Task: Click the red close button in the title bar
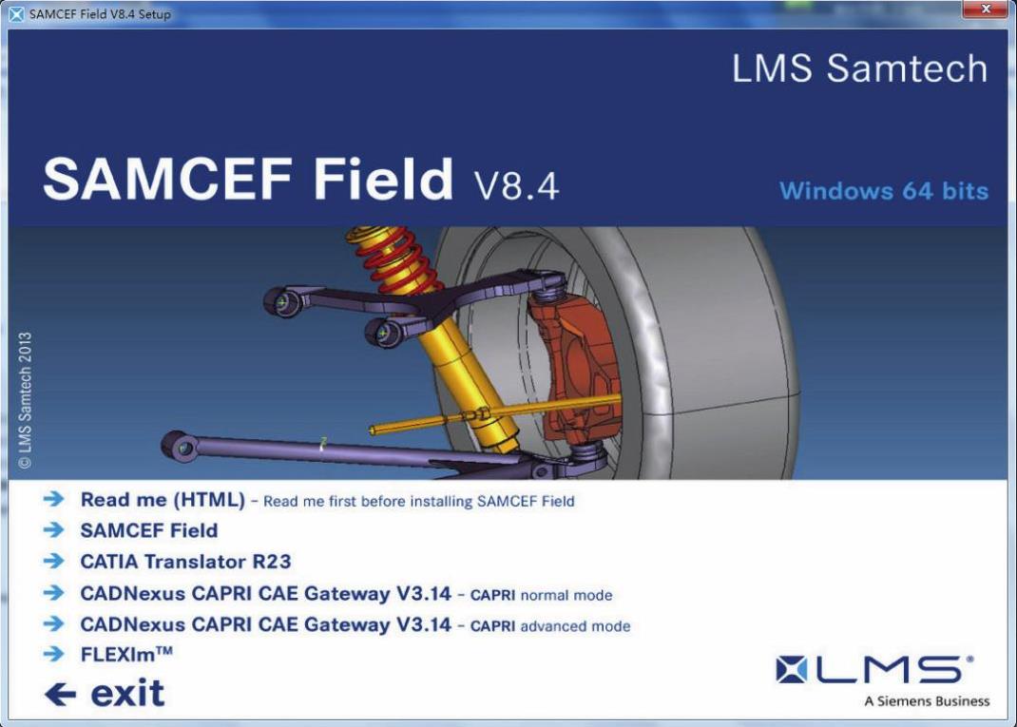pyautogui.click(x=986, y=10)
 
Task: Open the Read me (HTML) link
pyautogui.click(x=163, y=500)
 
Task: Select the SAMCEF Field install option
pyautogui.click(x=149, y=530)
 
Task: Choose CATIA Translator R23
pyautogui.click(x=185, y=562)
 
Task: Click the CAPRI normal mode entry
pyautogui.click(x=346, y=594)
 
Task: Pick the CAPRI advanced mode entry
pyautogui.click(x=355, y=624)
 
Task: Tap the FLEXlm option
pyautogui.click(x=126, y=654)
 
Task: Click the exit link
pyautogui.click(x=127, y=694)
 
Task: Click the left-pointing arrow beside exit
pyautogui.click(x=60, y=695)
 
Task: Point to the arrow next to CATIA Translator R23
pyautogui.click(x=54, y=561)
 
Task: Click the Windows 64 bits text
pyautogui.click(x=884, y=191)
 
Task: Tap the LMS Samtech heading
pyautogui.click(x=860, y=68)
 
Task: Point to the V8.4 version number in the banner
pyautogui.click(x=516, y=186)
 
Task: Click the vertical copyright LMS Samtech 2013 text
pyautogui.click(x=25, y=400)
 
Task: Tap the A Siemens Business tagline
pyautogui.click(x=927, y=701)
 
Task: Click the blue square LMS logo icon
pyautogui.click(x=792, y=669)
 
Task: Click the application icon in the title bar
pyautogui.click(x=16, y=13)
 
